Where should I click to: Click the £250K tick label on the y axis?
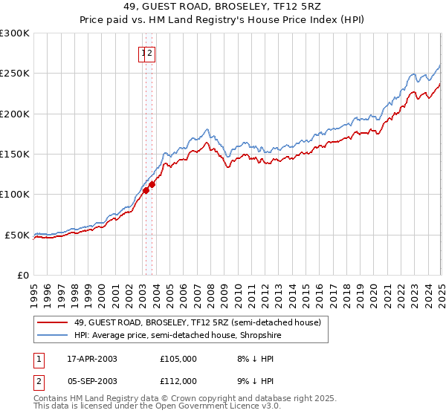pos(15,74)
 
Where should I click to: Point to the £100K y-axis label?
pos(15,195)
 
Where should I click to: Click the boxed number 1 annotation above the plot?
pos(142,53)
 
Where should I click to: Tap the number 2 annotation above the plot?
pos(150,53)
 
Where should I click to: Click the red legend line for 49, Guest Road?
pos(52,322)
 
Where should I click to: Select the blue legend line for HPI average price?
pos(52,335)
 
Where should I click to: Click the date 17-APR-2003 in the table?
pos(92,359)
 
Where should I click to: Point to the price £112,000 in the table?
pos(178,381)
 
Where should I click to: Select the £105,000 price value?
pos(178,359)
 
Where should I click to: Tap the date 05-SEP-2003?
pos(92,381)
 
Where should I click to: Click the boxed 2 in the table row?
pos(38,381)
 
